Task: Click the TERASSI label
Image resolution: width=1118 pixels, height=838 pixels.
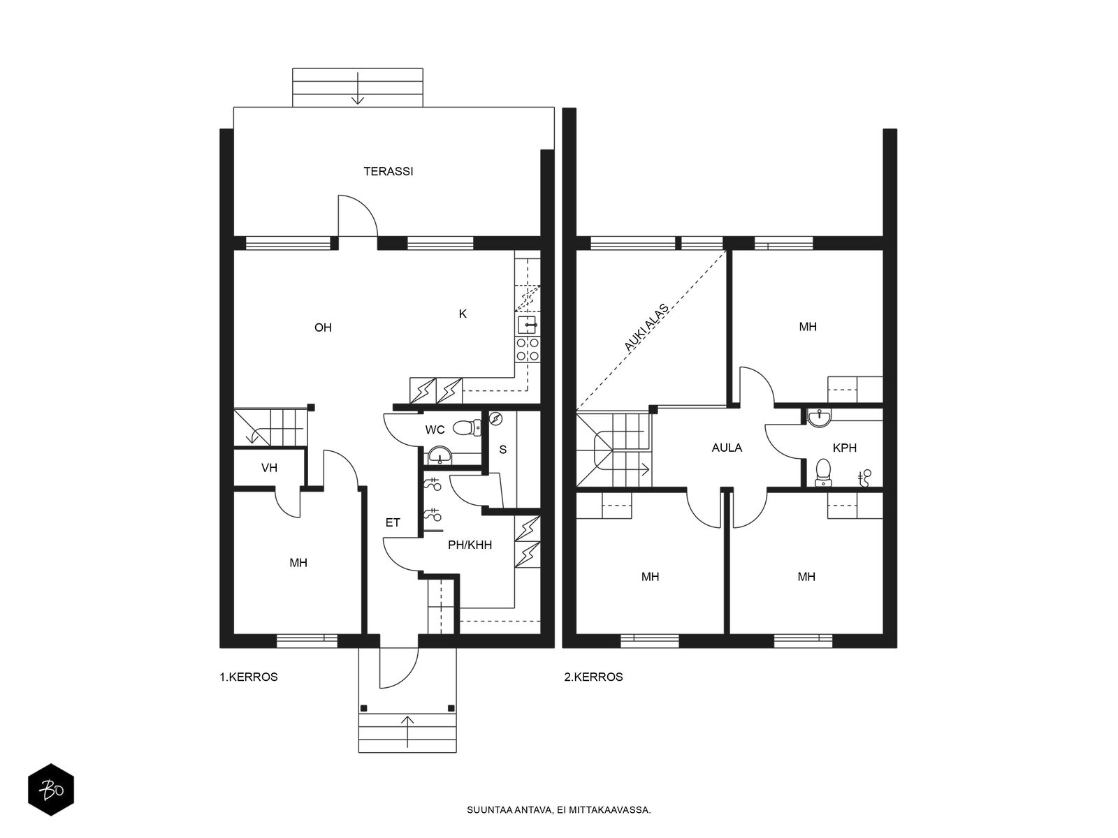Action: click(x=388, y=172)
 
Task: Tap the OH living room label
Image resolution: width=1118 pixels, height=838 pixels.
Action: click(x=323, y=328)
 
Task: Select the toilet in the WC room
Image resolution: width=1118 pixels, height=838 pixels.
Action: click(x=467, y=427)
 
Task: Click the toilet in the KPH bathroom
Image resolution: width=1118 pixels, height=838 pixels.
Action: click(x=822, y=473)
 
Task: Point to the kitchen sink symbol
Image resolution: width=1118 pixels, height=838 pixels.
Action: click(x=527, y=324)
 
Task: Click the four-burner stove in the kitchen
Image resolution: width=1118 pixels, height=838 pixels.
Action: click(x=528, y=350)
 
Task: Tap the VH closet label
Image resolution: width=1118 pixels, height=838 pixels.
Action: click(x=270, y=468)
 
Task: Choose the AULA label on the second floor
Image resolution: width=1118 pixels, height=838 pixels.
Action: click(x=727, y=448)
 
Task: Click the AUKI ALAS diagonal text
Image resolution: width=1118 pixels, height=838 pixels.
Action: click(x=646, y=328)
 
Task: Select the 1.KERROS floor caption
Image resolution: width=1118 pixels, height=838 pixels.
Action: click(x=249, y=677)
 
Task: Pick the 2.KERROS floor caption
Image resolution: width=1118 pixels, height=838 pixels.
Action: click(x=593, y=677)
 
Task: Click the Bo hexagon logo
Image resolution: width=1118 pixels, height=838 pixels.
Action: click(x=51, y=790)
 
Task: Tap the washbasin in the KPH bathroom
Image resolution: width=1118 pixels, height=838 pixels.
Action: click(x=819, y=418)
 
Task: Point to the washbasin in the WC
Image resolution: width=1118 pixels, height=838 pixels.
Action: click(x=439, y=455)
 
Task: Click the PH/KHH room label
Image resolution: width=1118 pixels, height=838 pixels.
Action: click(x=470, y=545)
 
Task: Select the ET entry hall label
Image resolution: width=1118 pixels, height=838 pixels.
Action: click(x=393, y=523)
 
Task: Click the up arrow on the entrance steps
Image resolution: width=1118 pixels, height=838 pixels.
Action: click(x=407, y=732)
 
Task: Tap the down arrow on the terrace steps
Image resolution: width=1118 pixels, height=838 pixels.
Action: click(x=358, y=89)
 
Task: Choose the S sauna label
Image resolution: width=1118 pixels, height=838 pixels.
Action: click(x=502, y=450)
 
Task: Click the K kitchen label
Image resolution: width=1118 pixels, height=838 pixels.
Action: click(x=463, y=314)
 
